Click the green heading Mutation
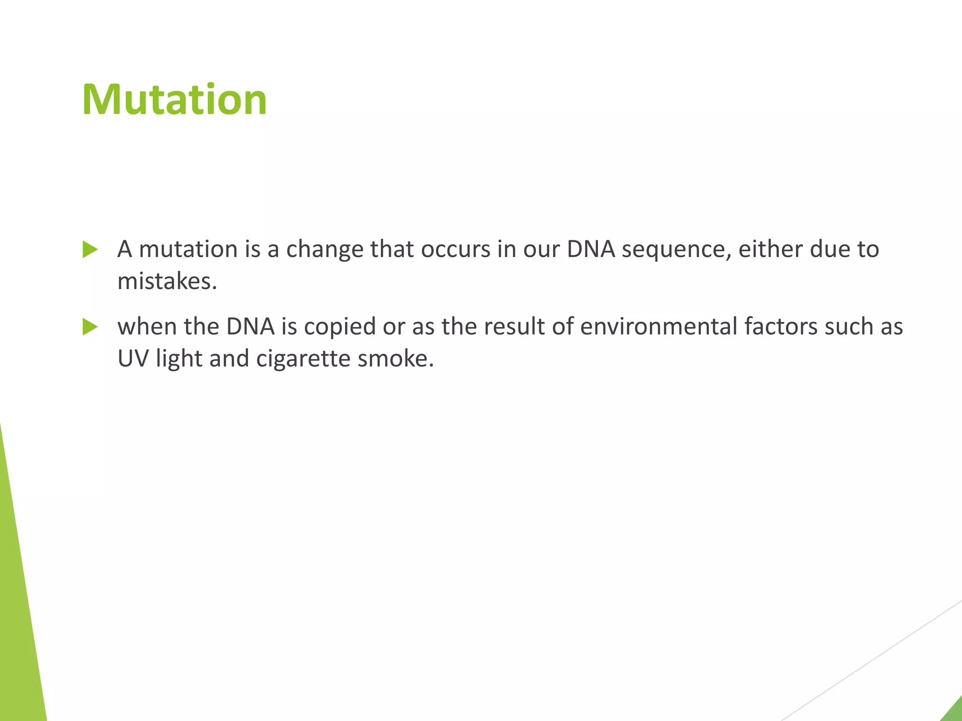tap(174, 100)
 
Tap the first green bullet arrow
tap(90, 249)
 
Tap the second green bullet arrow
tap(90, 327)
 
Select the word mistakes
tap(167, 282)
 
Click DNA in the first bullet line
tap(591, 249)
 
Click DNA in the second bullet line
tap(250, 326)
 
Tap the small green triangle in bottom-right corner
tap(954, 711)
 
